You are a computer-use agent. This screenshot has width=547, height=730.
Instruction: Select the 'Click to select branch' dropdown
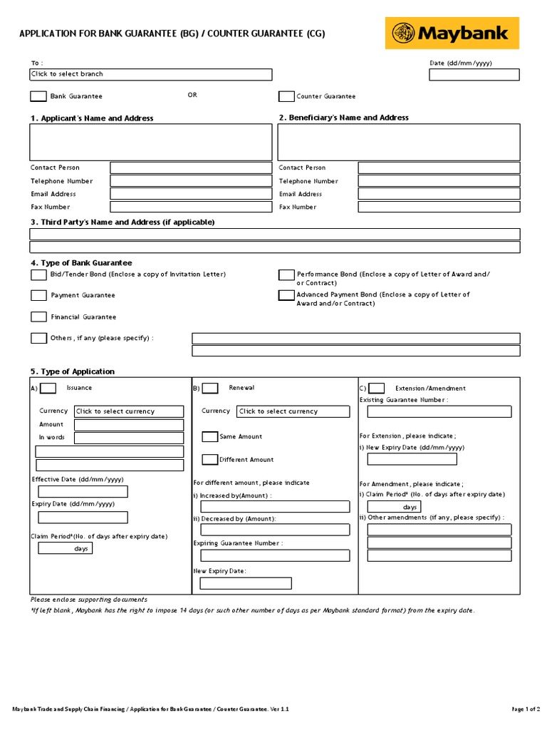click(150, 74)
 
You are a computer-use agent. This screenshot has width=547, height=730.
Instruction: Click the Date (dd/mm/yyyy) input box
click(474, 74)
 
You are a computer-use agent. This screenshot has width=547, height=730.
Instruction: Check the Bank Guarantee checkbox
click(38, 96)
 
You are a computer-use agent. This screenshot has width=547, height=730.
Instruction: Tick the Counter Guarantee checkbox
click(286, 96)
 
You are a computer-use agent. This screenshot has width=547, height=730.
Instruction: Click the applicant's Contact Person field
click(190, 168)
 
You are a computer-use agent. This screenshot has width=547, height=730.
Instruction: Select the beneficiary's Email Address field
click(439, 194)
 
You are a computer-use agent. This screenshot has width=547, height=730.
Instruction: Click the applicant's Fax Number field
click(190, 207)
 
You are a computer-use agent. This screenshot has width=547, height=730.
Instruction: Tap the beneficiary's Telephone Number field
click(439, 181)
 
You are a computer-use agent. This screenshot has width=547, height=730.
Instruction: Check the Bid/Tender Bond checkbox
click(38, 274)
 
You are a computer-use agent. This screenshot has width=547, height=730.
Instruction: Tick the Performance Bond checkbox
click(286, 274)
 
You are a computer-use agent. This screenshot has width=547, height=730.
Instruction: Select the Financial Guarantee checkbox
click(38, 317)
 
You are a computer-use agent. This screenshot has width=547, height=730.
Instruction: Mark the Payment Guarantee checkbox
click(38, 295)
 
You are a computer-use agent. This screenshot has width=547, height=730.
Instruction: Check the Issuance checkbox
click(48, 389)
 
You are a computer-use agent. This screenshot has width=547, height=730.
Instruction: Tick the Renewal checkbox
click(210, 389)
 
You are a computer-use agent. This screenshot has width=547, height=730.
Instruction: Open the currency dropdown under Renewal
click(293, 411)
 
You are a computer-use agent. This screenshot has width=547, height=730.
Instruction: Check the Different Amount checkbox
click(210, 459)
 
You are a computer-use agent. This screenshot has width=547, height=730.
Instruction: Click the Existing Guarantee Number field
click(439, 411)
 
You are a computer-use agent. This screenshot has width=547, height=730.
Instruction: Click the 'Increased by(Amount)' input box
click(275, 507)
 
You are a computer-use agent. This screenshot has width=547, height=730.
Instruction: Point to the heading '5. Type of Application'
click(72, 371)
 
